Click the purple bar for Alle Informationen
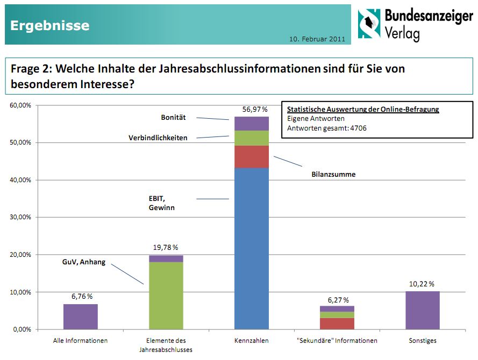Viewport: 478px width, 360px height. (x=81, y=316)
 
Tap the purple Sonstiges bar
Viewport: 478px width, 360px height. (x=422, y=310)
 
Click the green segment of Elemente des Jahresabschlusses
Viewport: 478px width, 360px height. (x=166, y=296)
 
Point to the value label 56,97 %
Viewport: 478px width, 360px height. (x=255, y=109)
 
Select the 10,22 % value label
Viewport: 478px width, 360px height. (x=422, y=284)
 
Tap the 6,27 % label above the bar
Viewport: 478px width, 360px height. (x=337, y=299)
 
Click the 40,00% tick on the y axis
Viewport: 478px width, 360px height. (x=21, y=180)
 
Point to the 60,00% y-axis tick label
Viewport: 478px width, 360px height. (x=21, y=105)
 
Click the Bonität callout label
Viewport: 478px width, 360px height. (x=173, y=117)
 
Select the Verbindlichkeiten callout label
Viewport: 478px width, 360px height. (x=158, y=138)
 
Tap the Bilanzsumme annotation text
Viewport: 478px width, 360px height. (x=333, y=175)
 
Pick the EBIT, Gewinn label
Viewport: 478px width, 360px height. (x=162, y=203)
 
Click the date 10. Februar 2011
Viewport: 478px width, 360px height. (x=317, y=39)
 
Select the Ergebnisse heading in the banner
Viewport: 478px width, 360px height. (x=50, y=25)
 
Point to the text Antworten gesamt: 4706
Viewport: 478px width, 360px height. (x=327, y=128)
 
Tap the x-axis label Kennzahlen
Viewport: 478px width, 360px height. (x=252, y=341)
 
